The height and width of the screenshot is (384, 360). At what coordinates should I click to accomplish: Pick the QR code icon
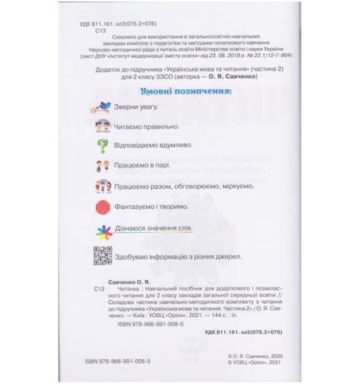pyautogui.click(x=102, y=256)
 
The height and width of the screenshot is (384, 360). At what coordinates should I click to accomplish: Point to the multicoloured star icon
pyautogui.click(x=102, y=230)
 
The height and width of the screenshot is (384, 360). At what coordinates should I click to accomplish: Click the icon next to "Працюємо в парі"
pyautogui.click(x=102, y=166)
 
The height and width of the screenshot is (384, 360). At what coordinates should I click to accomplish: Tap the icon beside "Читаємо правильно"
pyautogui.click(x=102, y=126)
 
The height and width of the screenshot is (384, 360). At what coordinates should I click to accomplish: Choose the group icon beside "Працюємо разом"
pyautogui.click(x=102, y=186)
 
